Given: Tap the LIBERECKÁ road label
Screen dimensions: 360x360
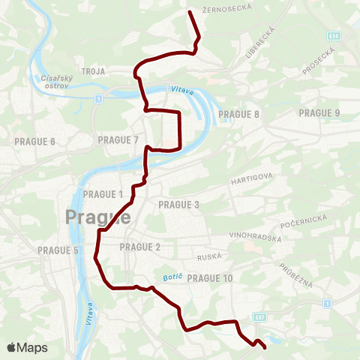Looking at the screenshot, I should pos(268,34).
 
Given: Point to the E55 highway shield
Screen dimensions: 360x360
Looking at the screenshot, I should pos(334,35).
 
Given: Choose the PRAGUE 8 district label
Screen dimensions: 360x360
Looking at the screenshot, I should pos(238,114).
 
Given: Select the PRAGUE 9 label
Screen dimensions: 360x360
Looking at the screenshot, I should pos(319,113).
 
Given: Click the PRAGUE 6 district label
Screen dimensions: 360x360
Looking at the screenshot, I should pos(35,141).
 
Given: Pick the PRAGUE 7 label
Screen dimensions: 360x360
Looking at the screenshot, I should pos(118,139).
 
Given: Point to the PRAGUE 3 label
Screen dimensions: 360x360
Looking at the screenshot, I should pos(178,204).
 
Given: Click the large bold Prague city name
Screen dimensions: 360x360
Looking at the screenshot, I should pos(98,218).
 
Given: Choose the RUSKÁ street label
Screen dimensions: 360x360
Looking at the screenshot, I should pos(208,256).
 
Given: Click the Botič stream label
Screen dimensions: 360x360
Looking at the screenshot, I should pos(167,277).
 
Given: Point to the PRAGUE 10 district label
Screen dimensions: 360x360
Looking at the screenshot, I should pos(210,278).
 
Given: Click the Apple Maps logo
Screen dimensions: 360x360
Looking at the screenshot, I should pos(27,347).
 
